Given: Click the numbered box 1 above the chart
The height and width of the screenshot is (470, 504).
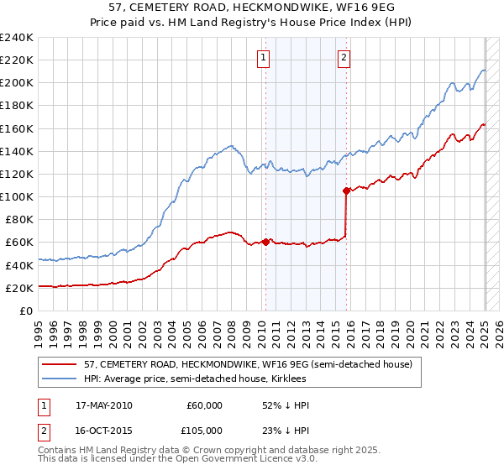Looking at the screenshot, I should (264, 58).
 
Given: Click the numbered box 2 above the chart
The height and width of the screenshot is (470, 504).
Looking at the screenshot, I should (344, 58).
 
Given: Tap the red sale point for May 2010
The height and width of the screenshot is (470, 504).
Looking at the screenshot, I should (265, 242).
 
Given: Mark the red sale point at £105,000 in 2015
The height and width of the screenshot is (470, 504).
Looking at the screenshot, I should (346, 191).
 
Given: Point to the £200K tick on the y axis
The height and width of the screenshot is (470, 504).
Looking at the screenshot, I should (17, 83).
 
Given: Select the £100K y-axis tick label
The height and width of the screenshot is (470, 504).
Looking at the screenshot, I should (17, 196).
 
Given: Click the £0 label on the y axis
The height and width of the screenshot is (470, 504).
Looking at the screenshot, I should (25, 311).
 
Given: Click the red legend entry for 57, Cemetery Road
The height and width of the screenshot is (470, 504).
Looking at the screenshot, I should (248, 364).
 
